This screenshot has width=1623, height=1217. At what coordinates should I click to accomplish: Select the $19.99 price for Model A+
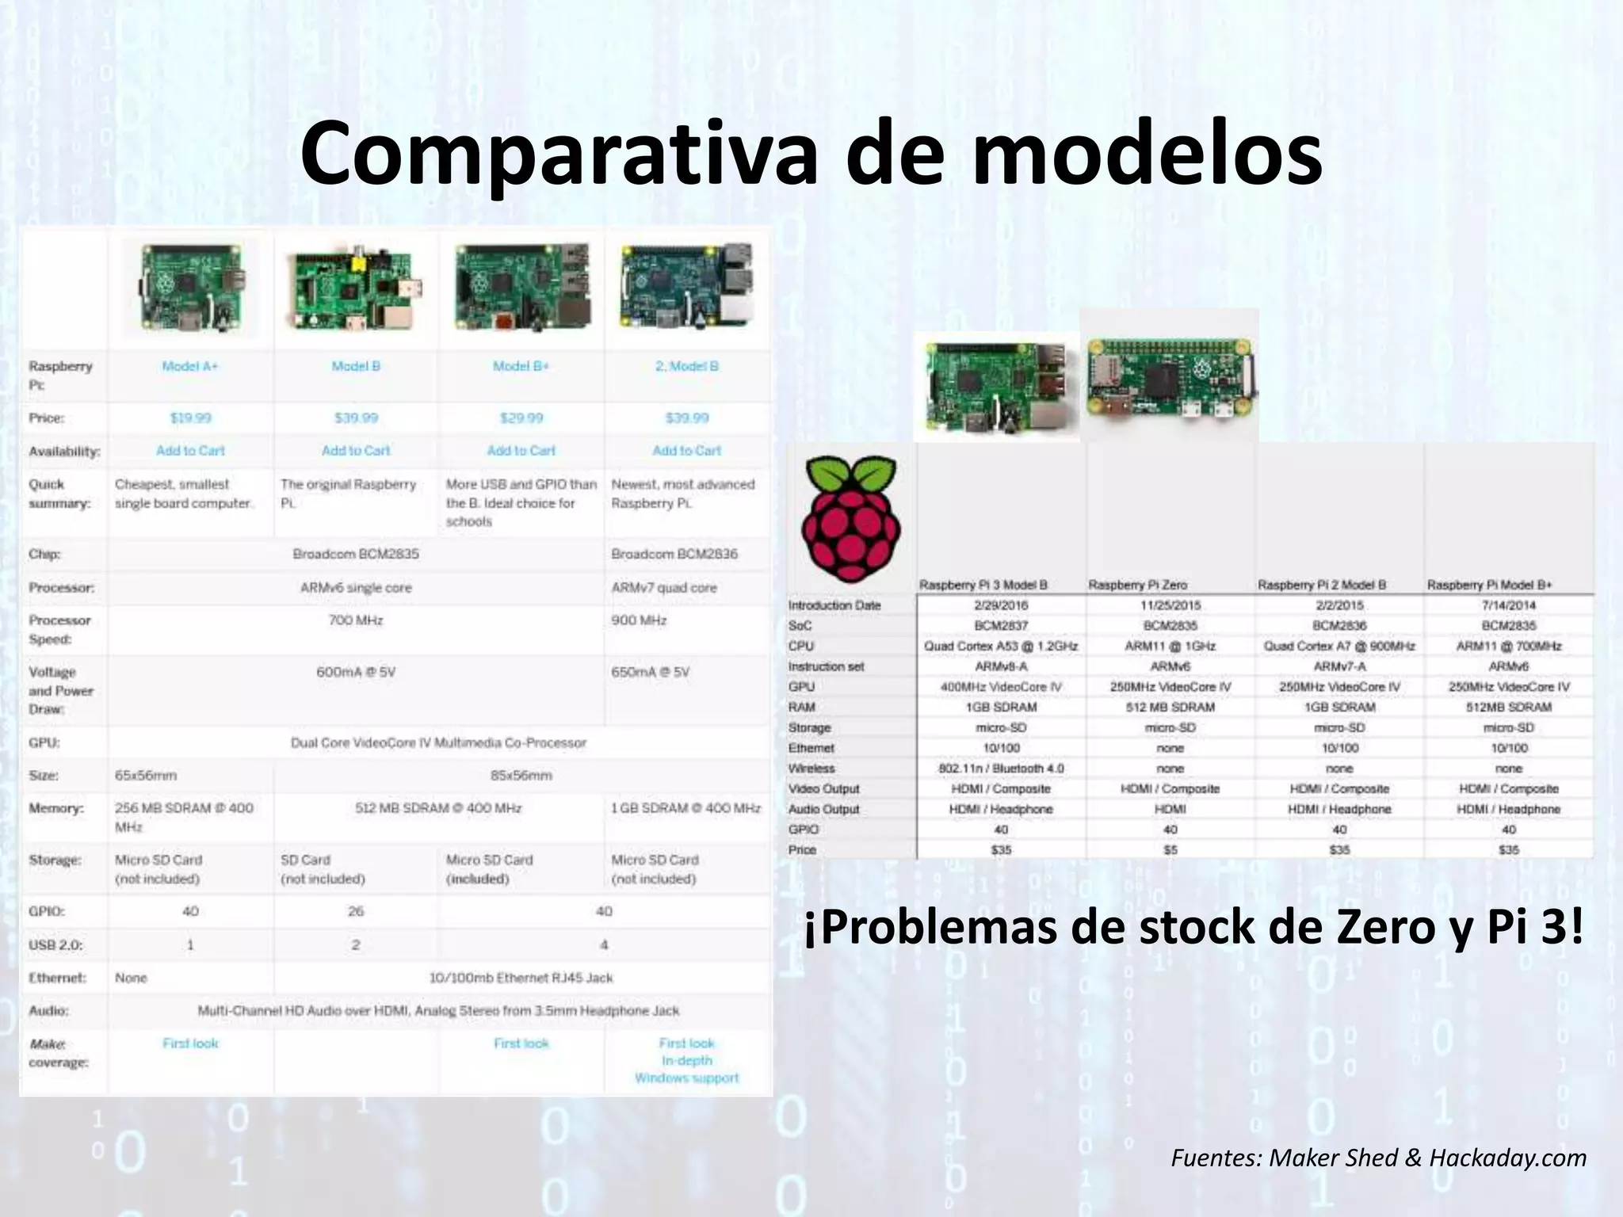click(190, 418)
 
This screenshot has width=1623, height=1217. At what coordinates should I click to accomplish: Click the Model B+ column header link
click(521, 366)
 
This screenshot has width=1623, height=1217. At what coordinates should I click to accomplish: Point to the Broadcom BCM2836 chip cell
click(674, 554)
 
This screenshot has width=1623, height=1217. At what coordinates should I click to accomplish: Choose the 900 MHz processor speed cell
click(639, 620)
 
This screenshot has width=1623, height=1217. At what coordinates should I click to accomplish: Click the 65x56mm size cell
click(146, 776)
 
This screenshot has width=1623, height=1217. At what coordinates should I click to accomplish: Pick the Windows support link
click(686, 1078)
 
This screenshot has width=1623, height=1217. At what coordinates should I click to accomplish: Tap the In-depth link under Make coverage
click(686, 1061)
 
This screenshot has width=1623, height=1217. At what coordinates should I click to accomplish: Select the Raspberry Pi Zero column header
click(1137, 585)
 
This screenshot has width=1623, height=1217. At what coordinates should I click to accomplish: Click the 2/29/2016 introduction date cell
click(1002, 605)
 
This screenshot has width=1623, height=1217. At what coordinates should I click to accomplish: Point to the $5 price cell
click(1170, 849)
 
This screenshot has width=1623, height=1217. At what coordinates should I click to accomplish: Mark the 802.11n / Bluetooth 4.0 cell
click(1002, 769)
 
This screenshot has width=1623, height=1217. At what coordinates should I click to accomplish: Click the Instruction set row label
click(826, 666)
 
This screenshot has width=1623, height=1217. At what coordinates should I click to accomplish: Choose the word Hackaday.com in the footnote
click(1507, 1158)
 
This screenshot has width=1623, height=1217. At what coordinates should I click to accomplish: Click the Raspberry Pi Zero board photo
click(1169, 376)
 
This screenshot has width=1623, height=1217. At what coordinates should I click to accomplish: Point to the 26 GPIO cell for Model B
click(356, 911)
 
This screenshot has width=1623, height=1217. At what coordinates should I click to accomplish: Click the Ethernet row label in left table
click(57, 978)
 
